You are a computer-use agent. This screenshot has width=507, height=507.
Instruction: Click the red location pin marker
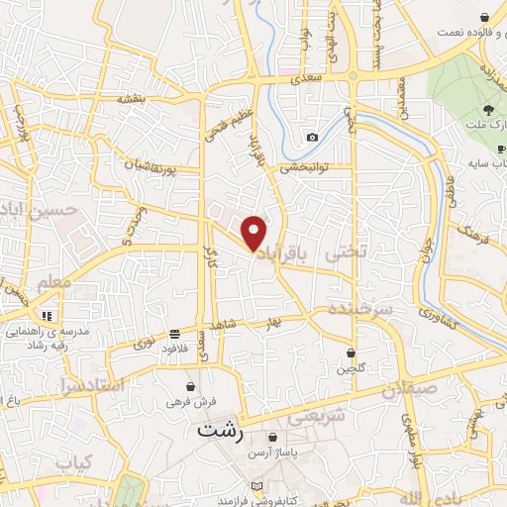(254, 233)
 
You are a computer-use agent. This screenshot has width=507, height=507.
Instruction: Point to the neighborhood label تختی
(347, 253)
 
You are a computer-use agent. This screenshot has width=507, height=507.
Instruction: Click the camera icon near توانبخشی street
(312, 138)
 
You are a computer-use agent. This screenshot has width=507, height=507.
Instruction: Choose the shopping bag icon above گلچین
(352, 353)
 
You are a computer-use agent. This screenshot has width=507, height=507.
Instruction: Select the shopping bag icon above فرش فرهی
(189, 386)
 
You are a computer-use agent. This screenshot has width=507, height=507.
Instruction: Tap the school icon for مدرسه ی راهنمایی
(47, 315)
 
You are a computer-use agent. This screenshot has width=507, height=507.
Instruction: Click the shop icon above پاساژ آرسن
(273, 437)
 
